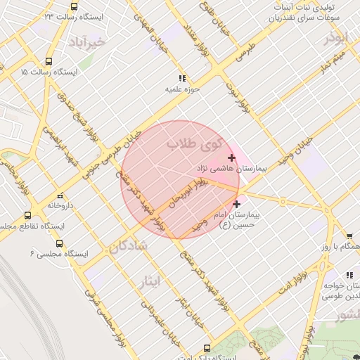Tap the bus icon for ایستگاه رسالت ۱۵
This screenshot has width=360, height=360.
[48, 61]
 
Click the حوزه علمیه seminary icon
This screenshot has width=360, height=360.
[182, 79]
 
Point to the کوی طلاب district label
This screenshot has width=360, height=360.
[193, 146]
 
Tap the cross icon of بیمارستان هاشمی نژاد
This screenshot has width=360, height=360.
[232, 157]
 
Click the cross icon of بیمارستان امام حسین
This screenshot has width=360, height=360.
[236, 204]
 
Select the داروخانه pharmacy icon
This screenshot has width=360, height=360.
[59, 195]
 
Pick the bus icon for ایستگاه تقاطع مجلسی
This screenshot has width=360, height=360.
[27, 215]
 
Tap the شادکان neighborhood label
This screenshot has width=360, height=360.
[127, 246]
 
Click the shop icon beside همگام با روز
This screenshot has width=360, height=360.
[349, 236]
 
